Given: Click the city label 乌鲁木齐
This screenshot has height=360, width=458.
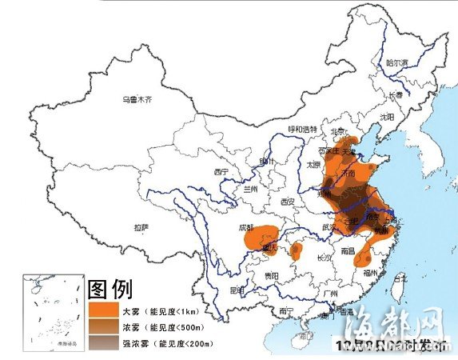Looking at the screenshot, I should click(136, 100).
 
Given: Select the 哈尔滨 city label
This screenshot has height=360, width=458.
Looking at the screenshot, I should click(396, 62).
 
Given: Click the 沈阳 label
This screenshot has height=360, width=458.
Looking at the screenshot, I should click(387, 116).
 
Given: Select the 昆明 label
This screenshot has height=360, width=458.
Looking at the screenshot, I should click(237, 289).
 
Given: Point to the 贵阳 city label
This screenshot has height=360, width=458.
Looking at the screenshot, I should click(273, 275).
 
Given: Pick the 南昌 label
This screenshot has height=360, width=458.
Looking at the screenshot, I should click(348, 250).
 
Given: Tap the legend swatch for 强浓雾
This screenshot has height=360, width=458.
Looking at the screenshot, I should click(104, 343).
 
